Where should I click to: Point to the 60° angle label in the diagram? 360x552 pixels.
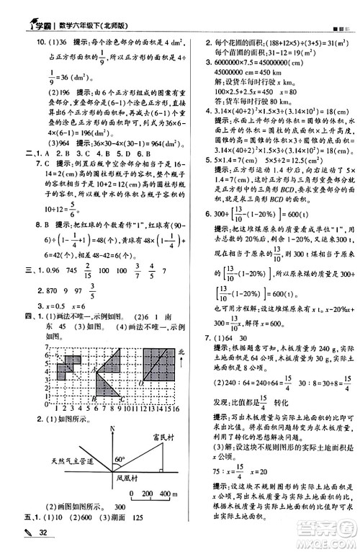(x=118, y=458)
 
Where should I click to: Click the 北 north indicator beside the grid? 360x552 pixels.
(x=180, y=351)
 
